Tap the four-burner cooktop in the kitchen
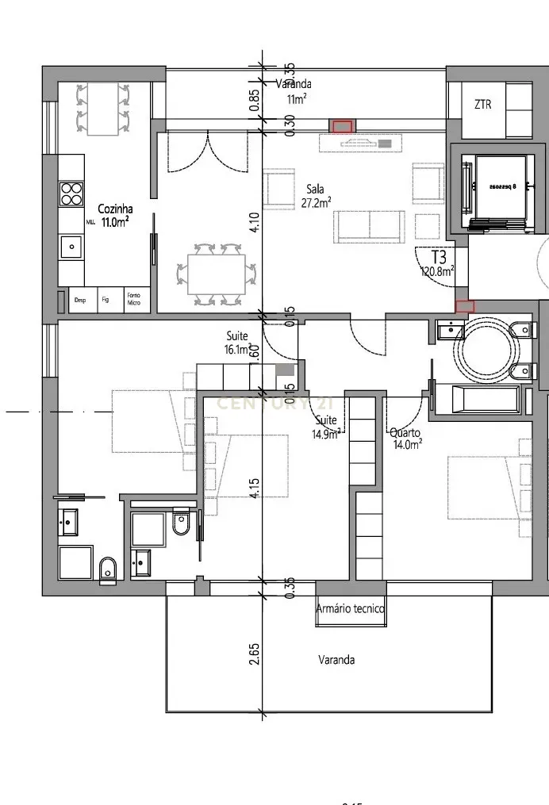pyautogui.click(x=71, y=194)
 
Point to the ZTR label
pyautogui.click(x=482, y=105)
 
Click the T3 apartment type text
pyautogui.click(x=439, y=258)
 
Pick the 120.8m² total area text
pyautogui.click(x=437, y=271)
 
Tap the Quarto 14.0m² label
pyautogui.click(x=405, y=438)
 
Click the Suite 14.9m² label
pyautogui.click(x=327, y=426)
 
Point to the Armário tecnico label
pyautogui.click(x=350, y=609)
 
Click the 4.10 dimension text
pyautogui.click(x=255, y=220)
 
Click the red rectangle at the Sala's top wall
pyautogui.click(x=343, y=126)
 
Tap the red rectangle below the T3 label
pyautogui.click(x=465, y=305)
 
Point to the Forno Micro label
pyautogui.click(x=133, y=300)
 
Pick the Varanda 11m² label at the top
pyautogui.click(x=294, y=91)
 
